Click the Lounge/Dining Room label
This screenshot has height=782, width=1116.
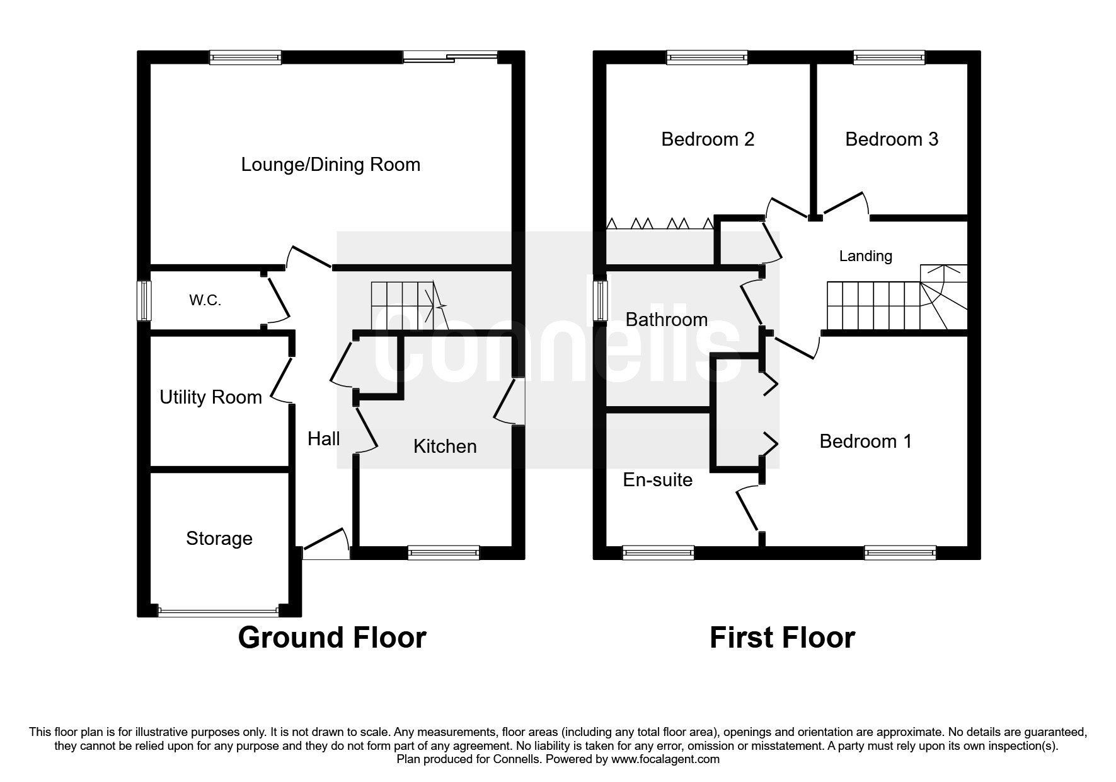pos(331,165)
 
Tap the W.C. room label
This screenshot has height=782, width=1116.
pos(205,301)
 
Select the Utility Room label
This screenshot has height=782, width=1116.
pos(210,397)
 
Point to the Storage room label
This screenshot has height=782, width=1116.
pos(219,539)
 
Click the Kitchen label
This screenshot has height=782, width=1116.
pos(445,446)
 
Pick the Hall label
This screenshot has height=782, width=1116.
pos(324,439)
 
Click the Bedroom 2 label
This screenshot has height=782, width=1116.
pos(708,139)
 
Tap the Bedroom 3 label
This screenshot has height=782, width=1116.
pos(892,139)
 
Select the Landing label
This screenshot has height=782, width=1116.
pos(866,256)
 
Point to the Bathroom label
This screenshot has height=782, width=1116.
pos(667,320)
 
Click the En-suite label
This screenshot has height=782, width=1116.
pos(658,480)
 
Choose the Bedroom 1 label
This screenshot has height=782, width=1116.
pos(866,441)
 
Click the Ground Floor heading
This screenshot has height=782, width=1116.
pos(332,638)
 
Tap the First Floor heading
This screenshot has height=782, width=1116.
pos(782,638)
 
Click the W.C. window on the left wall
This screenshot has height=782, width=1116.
pos(145,301)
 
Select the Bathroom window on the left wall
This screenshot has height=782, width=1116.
pos(601,301)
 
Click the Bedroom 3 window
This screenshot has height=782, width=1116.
pos(889,57)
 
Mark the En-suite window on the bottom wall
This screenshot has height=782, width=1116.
pos(658,553)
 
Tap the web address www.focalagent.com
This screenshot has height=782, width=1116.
pos(665,759)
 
